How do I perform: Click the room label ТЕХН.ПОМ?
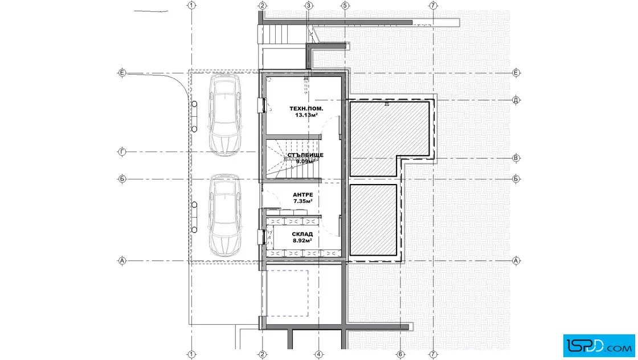(306, 109)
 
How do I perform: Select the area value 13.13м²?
(306, 115)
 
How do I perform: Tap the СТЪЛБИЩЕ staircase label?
(305, 155)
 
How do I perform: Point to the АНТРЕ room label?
(302, 195)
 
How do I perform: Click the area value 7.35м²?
(302, 201)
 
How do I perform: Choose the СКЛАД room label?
(302, 234)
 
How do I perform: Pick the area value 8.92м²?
(302, 241)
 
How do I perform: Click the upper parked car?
(225, 114)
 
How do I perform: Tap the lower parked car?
(225, 215)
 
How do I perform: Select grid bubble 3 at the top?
(308, 6)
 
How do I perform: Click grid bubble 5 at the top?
(345, 6)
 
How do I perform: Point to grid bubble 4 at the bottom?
(318, 355)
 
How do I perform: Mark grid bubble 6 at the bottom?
(400, 355)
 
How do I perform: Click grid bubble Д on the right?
(516, 100)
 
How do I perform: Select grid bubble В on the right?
(516, 158)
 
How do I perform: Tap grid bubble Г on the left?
(122, 152)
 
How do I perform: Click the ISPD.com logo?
(599, 346)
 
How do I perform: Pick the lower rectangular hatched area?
(373, 220)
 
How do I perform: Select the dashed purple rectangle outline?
(308, 293)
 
